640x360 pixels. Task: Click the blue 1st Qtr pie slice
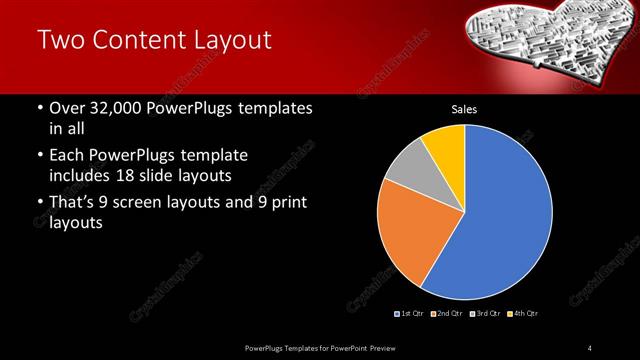pos(500,210)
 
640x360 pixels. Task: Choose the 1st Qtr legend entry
pos(410,314)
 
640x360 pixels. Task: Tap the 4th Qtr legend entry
pos(523,314)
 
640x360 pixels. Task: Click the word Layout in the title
pos(229,41)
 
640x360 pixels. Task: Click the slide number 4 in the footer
pos(590,347)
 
